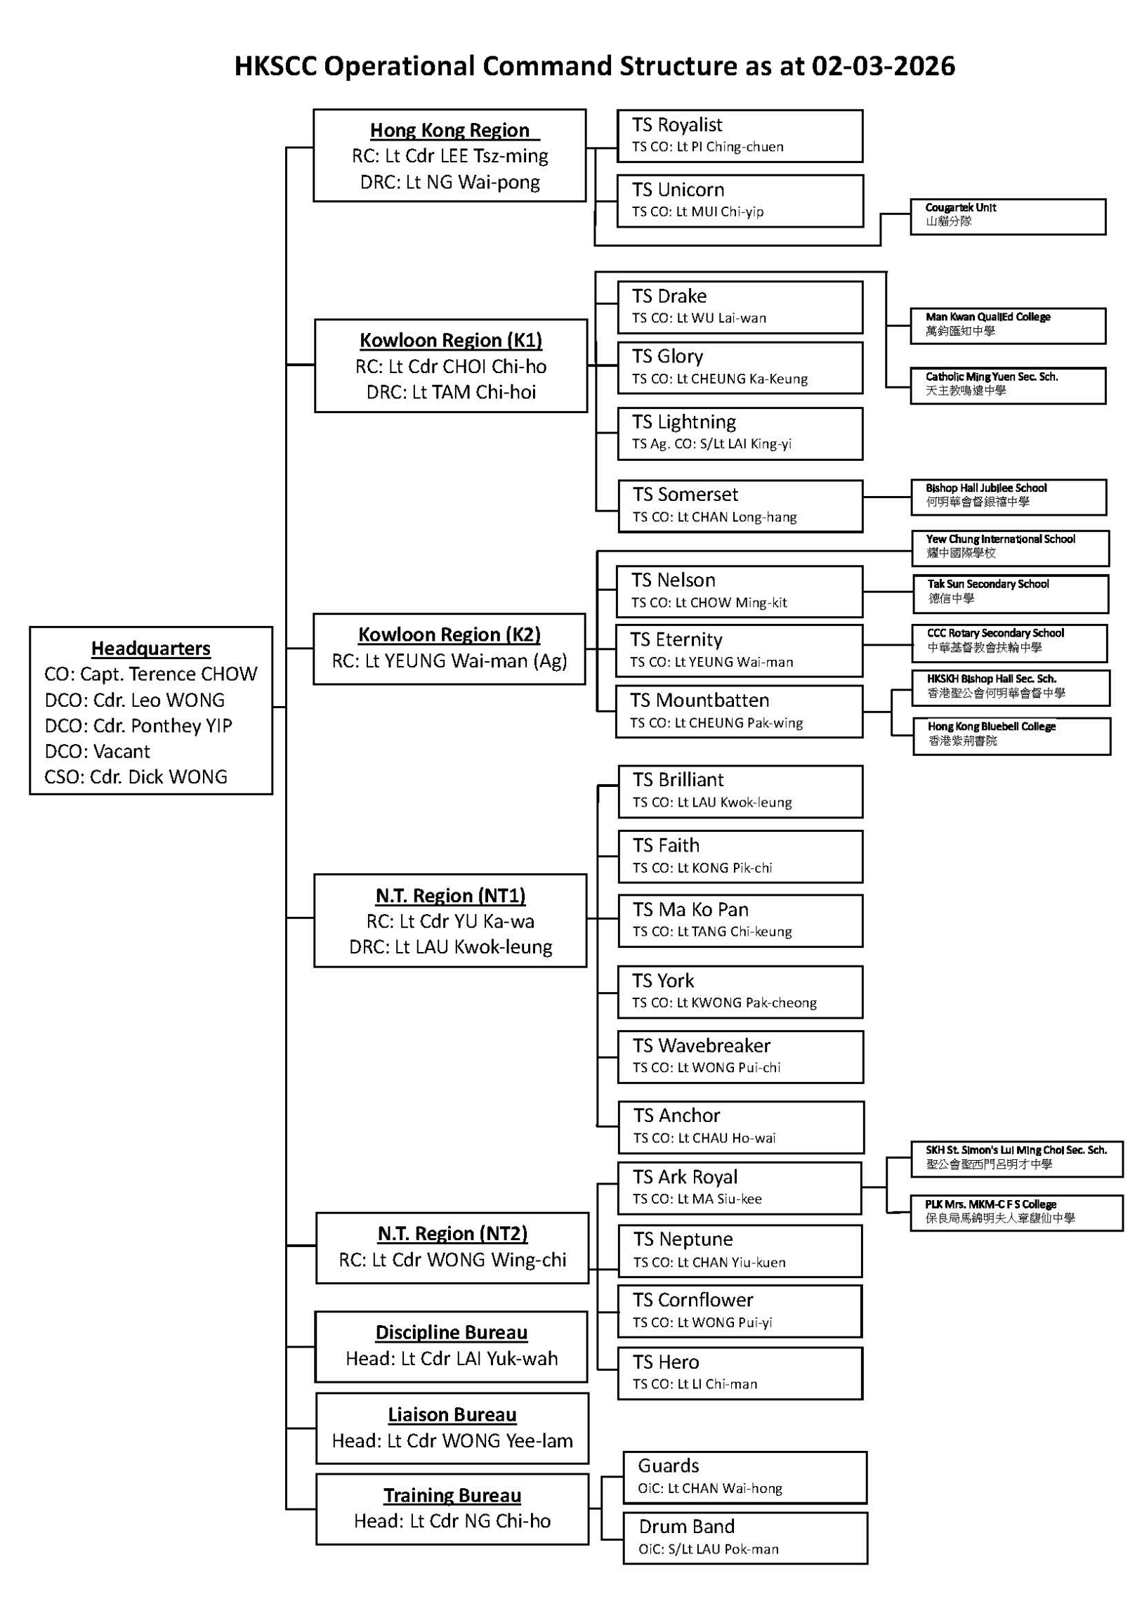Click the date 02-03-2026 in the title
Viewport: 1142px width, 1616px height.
click(x=882, y=66)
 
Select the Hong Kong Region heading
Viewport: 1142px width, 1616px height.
click(x=449, y=130)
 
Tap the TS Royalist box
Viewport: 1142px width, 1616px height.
click(x=740, y=136)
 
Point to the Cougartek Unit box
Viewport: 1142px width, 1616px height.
click(x=1008, y=217)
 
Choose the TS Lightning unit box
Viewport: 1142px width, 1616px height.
click(x=740, y=434)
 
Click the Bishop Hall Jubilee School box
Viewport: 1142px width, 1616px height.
click(x=1008, y=497)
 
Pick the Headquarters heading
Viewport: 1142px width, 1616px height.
click(x=150, y=649)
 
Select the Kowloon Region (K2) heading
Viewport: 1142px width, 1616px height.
click(x=449, y=635)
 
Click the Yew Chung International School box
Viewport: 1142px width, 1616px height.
click(x=1010, y=548)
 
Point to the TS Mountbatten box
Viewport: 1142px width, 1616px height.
click(x=739, y=712)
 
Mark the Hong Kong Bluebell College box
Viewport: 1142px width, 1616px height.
click(x=1011, y=736)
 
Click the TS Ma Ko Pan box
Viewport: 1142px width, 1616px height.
click(x=740, y=920)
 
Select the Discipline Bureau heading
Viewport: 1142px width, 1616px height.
click(x=451, y=1333)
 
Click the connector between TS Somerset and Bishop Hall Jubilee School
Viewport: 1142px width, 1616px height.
click(x=886, y=497)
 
